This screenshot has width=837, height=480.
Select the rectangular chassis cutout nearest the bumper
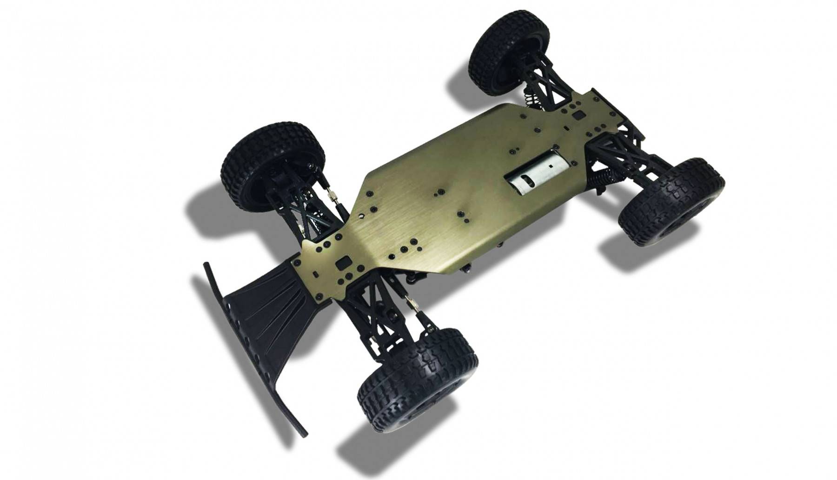344,263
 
